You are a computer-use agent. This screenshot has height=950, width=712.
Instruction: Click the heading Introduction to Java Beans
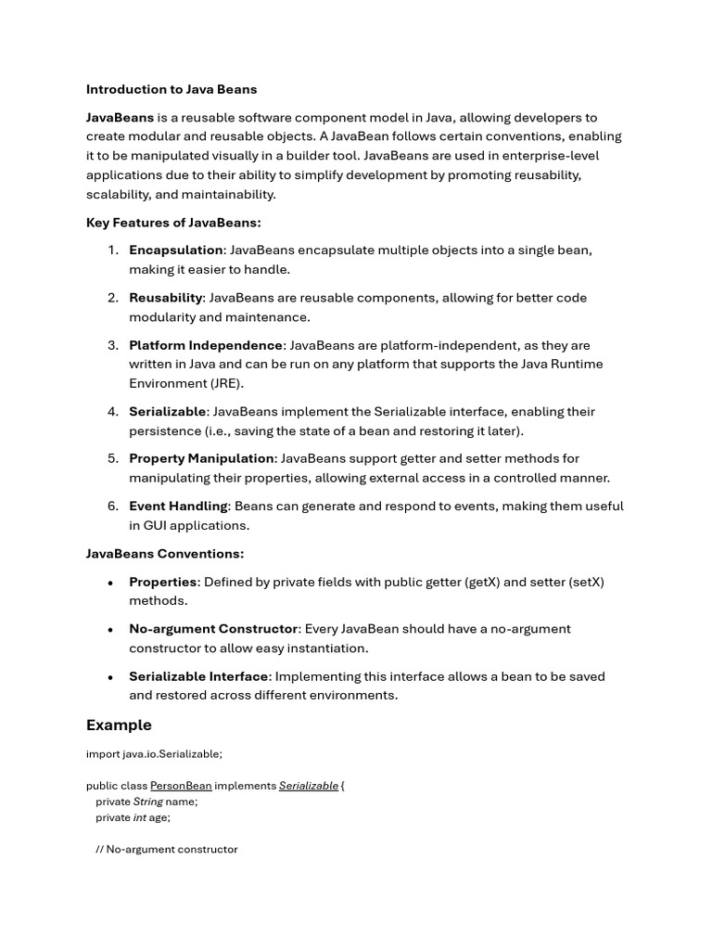[172, 90]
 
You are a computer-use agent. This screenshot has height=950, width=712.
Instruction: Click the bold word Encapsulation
[176, 250]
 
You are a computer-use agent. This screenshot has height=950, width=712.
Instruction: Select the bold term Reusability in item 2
[166, 298]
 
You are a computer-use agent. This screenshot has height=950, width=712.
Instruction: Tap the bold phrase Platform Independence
[206, 345]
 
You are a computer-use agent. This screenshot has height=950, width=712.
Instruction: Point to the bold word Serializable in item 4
[168, 411]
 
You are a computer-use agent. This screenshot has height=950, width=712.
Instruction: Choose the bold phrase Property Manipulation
[201, 458]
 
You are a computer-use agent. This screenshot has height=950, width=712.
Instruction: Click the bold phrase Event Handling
[178, 506]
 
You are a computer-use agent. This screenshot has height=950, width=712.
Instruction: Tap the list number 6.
[112, 506]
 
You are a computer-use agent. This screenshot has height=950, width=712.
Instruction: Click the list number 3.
[112, 345]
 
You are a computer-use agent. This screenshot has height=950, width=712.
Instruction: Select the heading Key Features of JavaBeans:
[173, 223]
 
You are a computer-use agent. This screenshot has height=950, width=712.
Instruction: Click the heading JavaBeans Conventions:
[165, 554]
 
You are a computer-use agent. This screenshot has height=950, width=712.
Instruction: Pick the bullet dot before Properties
[110, 583]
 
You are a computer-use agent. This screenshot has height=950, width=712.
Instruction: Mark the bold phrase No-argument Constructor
[213, 629]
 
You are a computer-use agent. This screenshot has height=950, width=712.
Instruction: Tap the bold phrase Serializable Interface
[198, 676]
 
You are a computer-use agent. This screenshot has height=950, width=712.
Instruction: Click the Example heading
[119, 725]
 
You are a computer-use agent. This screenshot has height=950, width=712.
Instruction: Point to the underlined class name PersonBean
[181, 786]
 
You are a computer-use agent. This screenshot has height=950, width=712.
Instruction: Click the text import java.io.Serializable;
[154, 754]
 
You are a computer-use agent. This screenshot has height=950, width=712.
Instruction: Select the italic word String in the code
[147, 802]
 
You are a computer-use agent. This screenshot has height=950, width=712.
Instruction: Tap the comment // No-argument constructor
[167, 849]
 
